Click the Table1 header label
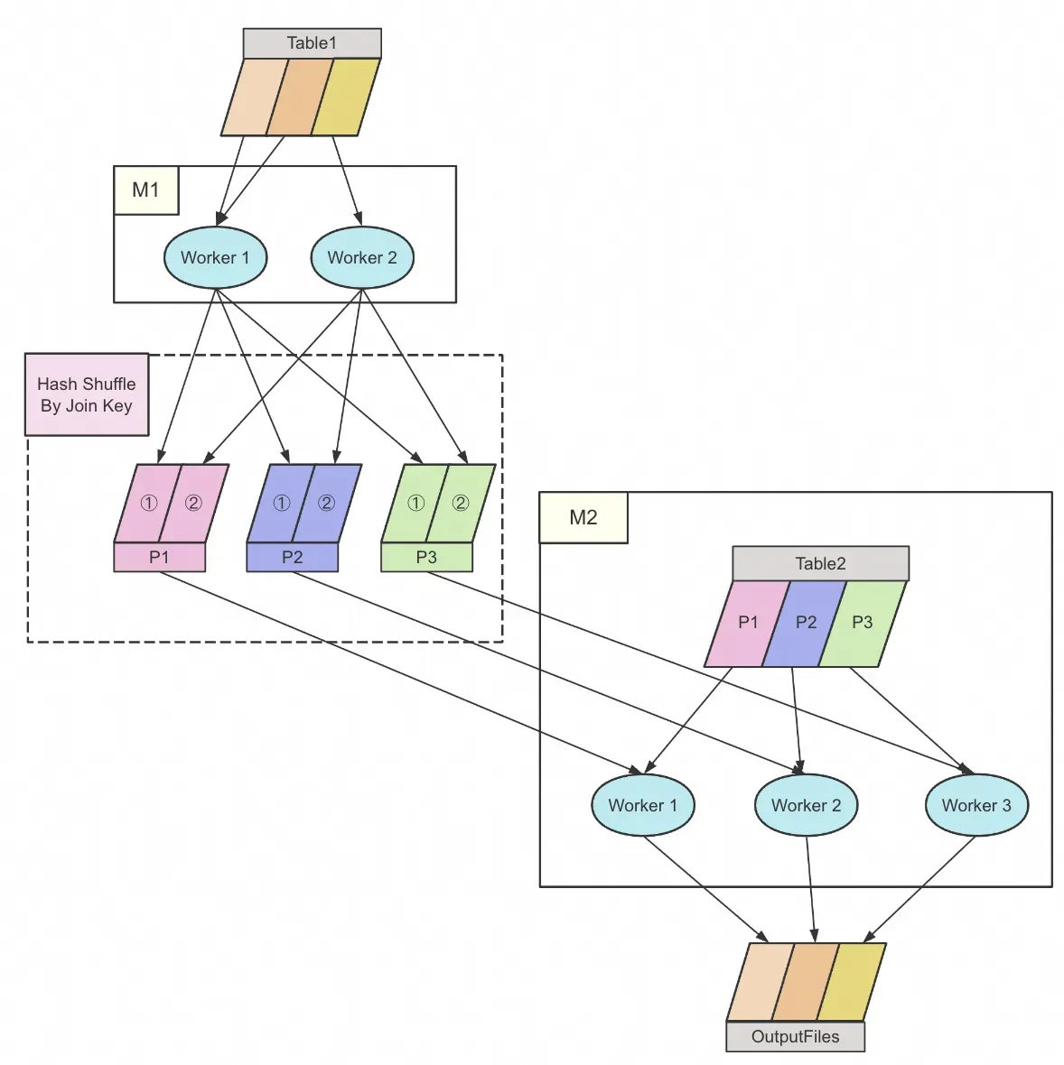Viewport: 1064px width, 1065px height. pos(312,43)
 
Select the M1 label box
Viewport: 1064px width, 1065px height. pos(146,190)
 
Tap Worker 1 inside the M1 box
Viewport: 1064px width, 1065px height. pos(215,258)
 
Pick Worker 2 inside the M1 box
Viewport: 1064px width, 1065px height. pos(362,258)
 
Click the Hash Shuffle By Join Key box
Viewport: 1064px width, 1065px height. pos(87,394)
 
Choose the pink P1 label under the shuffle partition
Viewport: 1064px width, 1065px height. pos(159,557)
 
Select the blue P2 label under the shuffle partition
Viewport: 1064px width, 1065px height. pos(292,557)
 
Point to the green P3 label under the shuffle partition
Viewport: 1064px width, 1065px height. pos(426,557)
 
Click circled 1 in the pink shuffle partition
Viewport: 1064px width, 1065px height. pos(149,504)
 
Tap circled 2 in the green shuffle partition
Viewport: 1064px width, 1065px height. pos(461,504)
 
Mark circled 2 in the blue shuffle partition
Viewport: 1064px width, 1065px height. pos(327,504)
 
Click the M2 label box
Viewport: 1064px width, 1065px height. pos(583,517)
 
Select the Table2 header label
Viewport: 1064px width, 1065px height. pos(820,564)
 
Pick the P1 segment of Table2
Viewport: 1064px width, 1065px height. pos(747,623)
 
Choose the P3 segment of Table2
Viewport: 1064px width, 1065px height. pos(863,623)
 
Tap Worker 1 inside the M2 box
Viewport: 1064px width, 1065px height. pos(642,805)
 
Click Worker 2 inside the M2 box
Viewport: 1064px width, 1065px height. pos(806,805)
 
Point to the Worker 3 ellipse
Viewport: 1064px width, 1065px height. pos(976,805)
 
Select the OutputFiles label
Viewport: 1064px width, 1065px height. pos(795,1037)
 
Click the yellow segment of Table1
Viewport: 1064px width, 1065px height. pos(346,97)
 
